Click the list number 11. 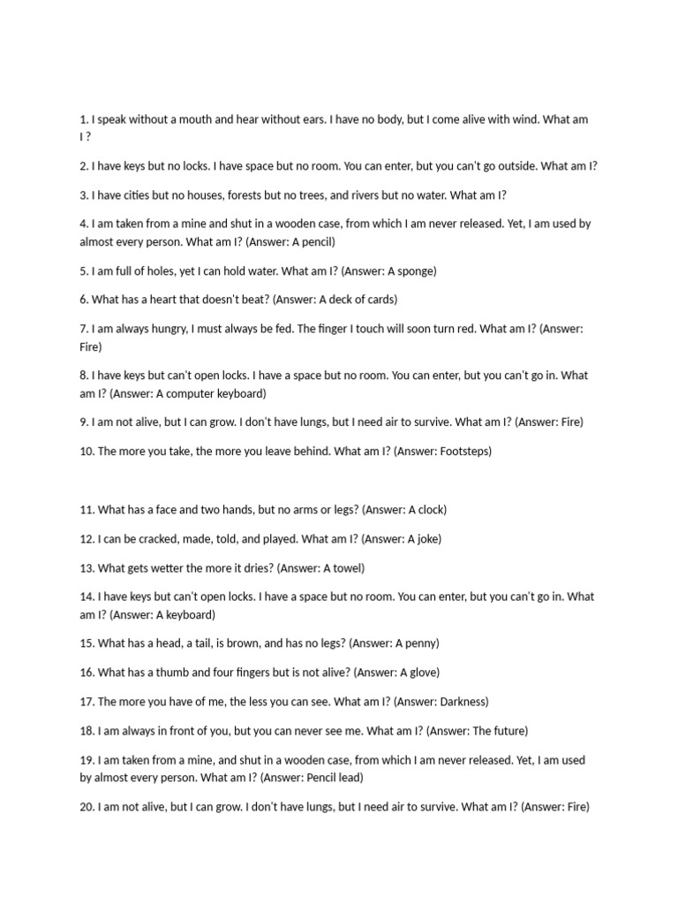[86, 509]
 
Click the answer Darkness [459, 702]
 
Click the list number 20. [87, 807]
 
